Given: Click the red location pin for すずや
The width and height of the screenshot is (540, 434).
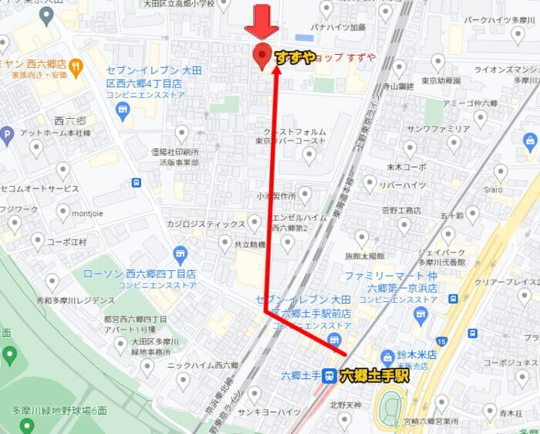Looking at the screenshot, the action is [262, 56].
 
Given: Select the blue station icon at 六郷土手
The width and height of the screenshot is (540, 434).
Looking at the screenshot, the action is [329, 376].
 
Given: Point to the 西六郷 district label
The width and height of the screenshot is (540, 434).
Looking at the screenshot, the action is [69, 121].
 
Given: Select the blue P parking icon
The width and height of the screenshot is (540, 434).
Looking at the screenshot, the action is [7, 136].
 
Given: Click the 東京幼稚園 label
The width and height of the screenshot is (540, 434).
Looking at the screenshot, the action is [441, 80].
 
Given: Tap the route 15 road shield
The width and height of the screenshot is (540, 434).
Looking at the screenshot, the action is [441, 341].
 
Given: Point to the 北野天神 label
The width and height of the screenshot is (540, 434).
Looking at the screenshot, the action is [346, 404].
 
